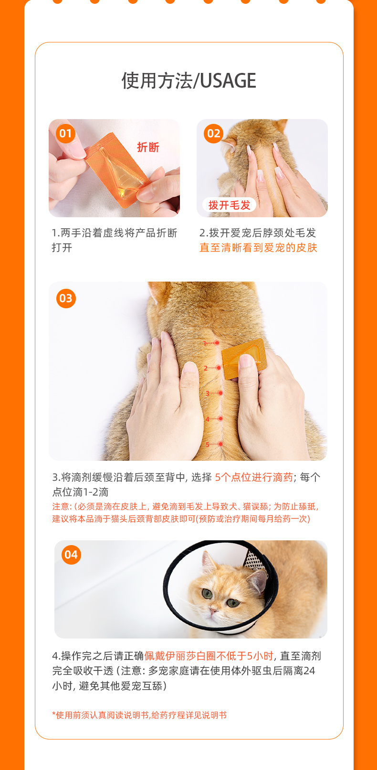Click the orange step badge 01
(x=65, y=133)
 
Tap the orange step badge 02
(x=213, y=133)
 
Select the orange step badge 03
(x=66, y=298)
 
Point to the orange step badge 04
(x=71, y=555)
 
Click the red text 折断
(x=148, y=147)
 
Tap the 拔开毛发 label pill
(x=229, y=205)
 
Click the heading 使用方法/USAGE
(x=188, y=81)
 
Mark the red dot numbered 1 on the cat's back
(x=217, y=343)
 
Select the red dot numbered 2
(x=219, y=368)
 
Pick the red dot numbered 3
(x=220, y=393)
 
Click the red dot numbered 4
(x=220, y=419)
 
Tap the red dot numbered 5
(x=220, y=444)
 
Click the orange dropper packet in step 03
(x=243, y=358)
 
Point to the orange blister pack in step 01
(x=118, y=170)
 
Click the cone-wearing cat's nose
(x=213, y=610)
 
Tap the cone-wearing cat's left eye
(x=233, y=602)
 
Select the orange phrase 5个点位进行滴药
(x=254, y=477)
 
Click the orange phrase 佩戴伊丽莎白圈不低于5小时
(x=209, y=656)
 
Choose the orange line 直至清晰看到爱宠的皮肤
(x=258, y=247)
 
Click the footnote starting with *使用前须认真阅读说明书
(x=139, y=715)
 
